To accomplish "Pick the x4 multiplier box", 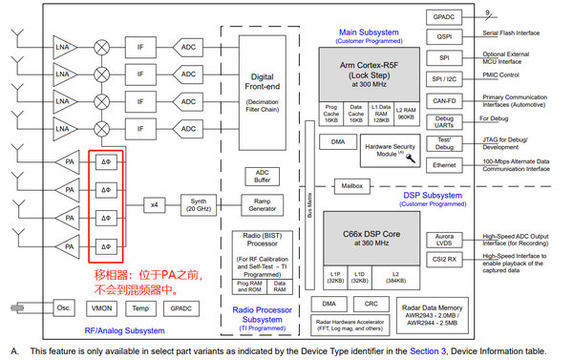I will [155, 205].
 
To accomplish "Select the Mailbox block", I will [350, 185].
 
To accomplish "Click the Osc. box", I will [63, 309].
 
